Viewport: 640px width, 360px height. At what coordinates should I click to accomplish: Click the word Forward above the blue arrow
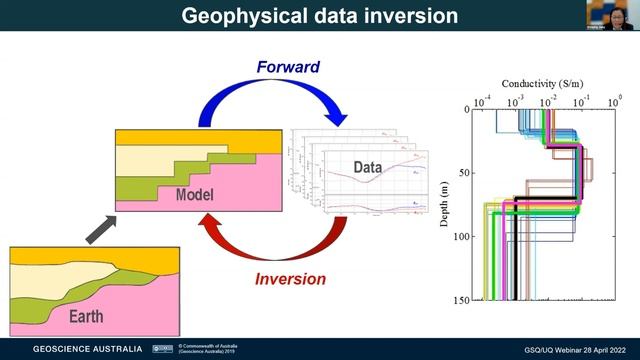pos(286,68)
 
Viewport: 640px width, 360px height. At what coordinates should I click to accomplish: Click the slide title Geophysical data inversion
pos(320,16)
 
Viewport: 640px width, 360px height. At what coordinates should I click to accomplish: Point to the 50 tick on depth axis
pos(464,173)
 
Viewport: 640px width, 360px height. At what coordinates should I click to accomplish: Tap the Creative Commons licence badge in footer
pos(162,349)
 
